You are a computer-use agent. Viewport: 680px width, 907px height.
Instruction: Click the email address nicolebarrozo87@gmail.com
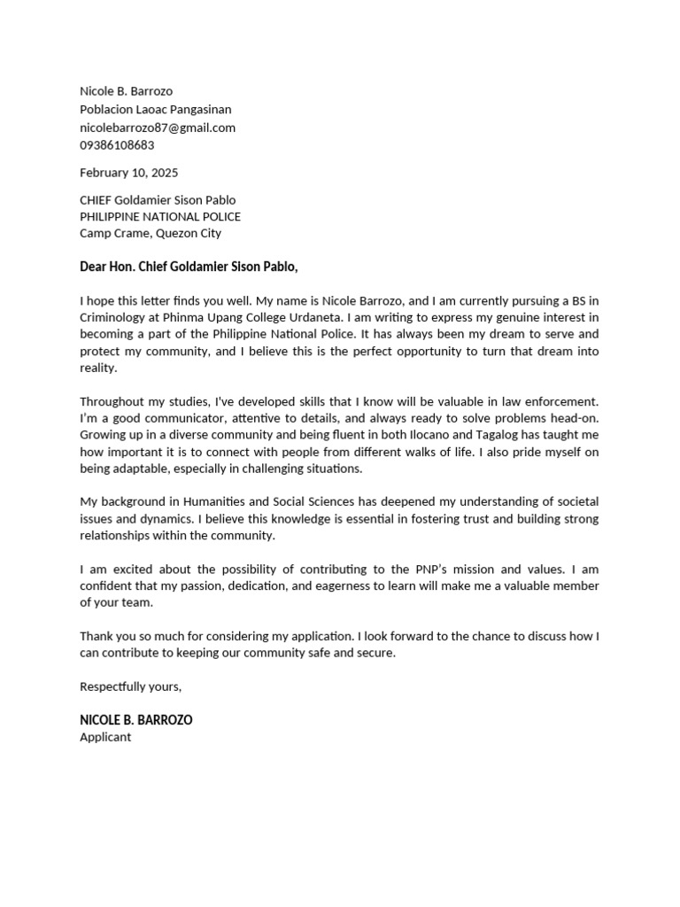pyautogui.click(x=158, y=128)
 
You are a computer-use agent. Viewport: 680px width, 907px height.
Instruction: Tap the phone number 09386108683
pyautogui.click(x=117, y=145)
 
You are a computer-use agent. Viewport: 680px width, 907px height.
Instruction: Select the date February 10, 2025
pyautogui.click(x=128, y=173)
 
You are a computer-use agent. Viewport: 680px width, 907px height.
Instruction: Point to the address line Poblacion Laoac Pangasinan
pyautogui.click(x=155, y=110)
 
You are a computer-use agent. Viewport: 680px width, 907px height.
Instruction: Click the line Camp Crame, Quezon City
pyautogui.click(x=151, y=234)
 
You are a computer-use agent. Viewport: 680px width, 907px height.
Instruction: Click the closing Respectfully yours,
pyautogui.click(x=131, y=686)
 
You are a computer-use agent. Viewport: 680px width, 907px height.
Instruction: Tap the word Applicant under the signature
pyautogui.click(x=105, y=737)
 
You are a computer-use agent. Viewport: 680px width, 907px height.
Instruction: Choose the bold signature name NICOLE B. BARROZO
pyautogui.click(x=135, y=720)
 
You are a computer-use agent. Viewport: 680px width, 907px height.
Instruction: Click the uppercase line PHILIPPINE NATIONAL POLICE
pyautogui.click(x=160, y=217)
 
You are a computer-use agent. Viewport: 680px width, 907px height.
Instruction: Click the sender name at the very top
pyautogui.click(x=127, y=91)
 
